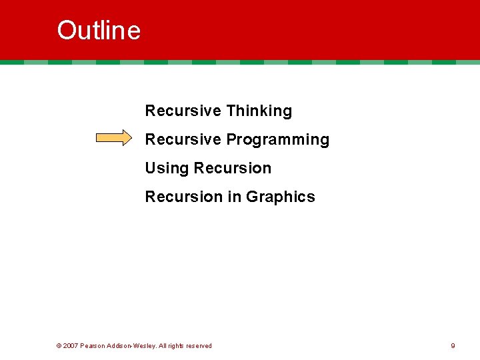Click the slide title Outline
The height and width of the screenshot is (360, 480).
[99, 31]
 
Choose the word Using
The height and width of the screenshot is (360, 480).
[167, 168]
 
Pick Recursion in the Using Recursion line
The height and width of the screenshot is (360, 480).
[233, 168]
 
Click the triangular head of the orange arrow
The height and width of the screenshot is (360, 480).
[127, 138]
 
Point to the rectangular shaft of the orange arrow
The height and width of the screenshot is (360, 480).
[109, 138]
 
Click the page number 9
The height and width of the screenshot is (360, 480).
[453, 345]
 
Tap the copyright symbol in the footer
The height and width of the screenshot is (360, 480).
[59, 345]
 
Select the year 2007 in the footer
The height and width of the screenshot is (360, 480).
[71, 345]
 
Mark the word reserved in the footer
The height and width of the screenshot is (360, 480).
[198, 345]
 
